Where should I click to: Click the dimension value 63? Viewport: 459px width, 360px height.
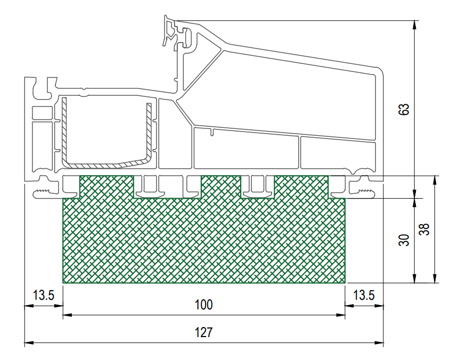tap(404, 110)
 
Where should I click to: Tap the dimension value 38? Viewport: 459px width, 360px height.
tap(424, 229)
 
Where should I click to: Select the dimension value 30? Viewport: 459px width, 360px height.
tap(404, 240)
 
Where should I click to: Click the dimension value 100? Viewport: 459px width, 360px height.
tap(204, 305)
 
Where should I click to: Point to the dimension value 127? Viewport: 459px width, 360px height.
tap(204, 332)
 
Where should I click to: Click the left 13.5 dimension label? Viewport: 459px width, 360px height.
tap(43, 295)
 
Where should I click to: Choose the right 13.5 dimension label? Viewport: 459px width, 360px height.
tap(364, 295)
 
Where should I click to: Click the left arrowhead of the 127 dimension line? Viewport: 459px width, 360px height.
tap(29, 342)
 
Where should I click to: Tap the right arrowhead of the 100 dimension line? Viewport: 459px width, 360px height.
tap(341, 315)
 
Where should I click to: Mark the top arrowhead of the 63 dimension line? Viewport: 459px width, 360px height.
tap(414, 25)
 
